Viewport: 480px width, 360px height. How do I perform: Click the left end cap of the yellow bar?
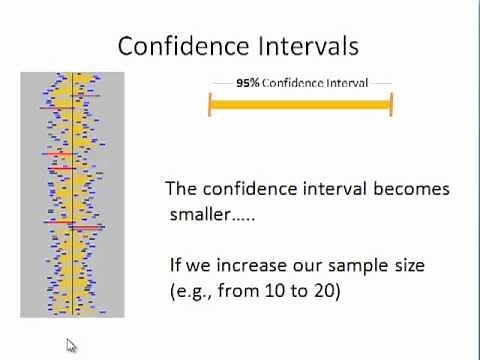point(210,104)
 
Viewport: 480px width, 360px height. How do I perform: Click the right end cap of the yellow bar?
point(391,104)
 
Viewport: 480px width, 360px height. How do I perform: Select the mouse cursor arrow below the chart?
point(71,346)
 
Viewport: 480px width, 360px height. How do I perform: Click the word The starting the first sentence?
point(180,188)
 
